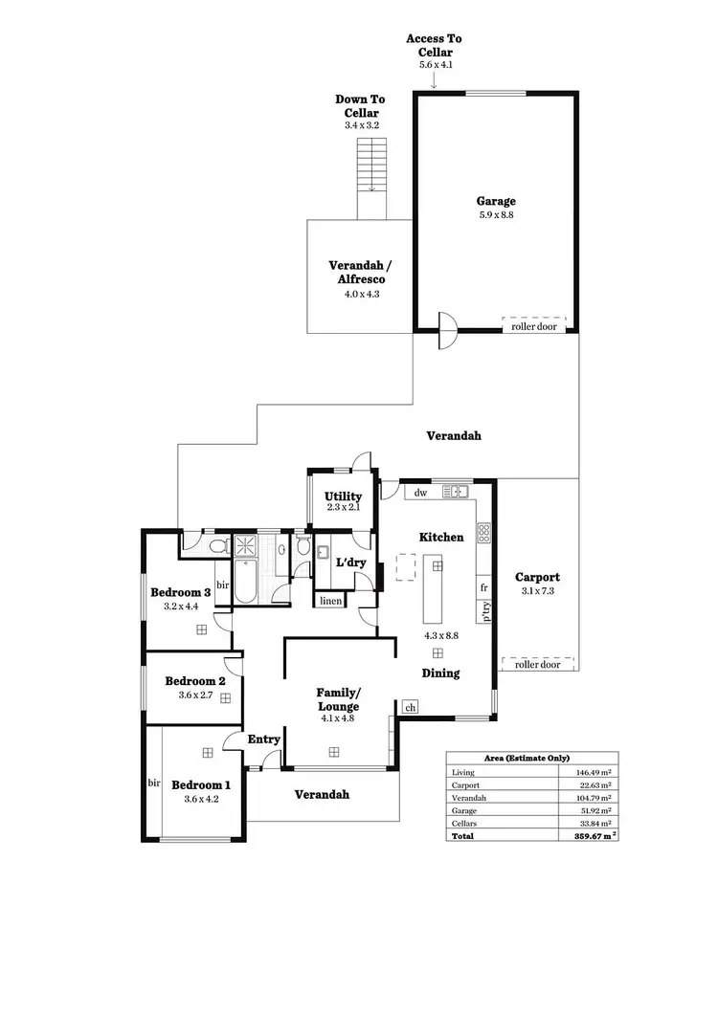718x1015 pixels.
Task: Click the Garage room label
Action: [496, 201]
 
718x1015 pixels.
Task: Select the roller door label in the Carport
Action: [536, 664]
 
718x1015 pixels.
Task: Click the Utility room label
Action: [343, 496]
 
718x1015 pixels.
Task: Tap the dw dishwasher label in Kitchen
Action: [420, 493]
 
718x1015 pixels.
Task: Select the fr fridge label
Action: [484, 586]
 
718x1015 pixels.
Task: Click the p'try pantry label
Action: [485, 611]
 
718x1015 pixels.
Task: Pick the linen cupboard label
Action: [330, 601]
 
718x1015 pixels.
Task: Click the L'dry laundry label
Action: [349, 563]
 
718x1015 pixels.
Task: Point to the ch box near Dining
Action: [411, 707]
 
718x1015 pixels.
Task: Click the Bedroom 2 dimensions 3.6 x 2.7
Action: [195, 695]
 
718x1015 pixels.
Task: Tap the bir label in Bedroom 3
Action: [222, 584]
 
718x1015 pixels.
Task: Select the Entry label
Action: [263, 739]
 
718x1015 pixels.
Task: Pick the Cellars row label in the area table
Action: [466, 823]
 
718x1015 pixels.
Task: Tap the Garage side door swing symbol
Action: [446, 332]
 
